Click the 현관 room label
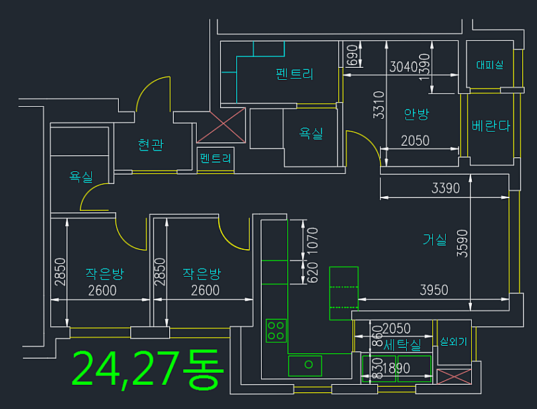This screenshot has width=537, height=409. (150, 145)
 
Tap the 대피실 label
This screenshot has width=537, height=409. (490, 64)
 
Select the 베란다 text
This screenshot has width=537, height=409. (491, 126)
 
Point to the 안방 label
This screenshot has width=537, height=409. (416, 114)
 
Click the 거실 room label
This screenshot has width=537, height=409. (434, 239)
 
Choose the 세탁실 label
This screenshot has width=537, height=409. (402, 345)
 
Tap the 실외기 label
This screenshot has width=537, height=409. (454, 341)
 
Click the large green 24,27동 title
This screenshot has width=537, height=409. (148, 369)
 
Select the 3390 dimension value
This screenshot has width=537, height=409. (445, 188)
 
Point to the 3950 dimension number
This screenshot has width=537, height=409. (434, 290)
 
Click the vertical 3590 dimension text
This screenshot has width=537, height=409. (462, 243)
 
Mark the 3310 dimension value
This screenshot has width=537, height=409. (379, 105)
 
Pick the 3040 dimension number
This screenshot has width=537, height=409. (403, 66)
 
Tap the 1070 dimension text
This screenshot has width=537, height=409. (312, 240)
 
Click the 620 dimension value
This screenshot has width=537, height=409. (312, 273)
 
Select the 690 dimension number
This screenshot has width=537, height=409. (352, 55)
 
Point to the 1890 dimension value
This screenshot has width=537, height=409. (396, 369)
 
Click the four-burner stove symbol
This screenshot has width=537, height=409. (276, 330)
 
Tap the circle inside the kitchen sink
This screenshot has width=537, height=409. (309, 365)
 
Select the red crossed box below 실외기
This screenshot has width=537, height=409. (454, 377)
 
